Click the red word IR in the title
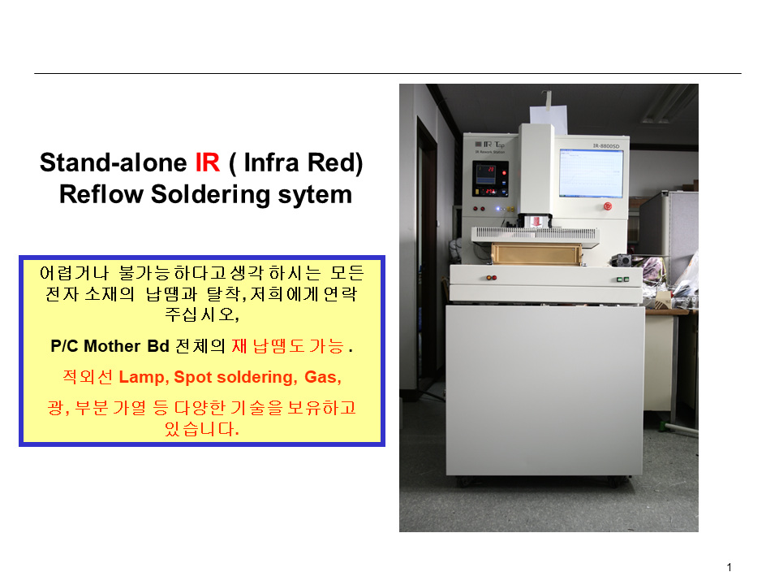coord(207,162)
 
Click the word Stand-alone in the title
coord(114,162)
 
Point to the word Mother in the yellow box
coord(112,346)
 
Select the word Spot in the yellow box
coord(193,378)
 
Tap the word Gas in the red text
coord(322,377)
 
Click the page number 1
coord(730,567)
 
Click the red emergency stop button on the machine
coord(607,206)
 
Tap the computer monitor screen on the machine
coord(591,173)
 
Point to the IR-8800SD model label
coord(606,146)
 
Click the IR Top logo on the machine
coord(490,145)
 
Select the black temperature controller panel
coord(490,179)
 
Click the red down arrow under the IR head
coord(536,222)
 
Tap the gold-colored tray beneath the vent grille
coord(536,253)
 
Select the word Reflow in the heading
coord(102,194)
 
